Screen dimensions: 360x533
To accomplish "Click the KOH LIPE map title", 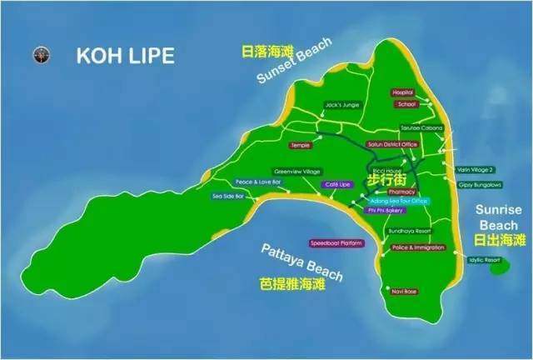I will [126, 56].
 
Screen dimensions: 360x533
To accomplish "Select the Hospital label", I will [403, 92].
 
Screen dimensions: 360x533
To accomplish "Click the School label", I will [406, 105].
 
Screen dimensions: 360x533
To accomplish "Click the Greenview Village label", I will [296, 171].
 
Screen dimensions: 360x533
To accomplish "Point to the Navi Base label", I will [401, 290].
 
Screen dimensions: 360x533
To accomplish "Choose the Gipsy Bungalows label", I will [479, 183].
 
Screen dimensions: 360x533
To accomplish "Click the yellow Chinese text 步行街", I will [387, 177].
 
